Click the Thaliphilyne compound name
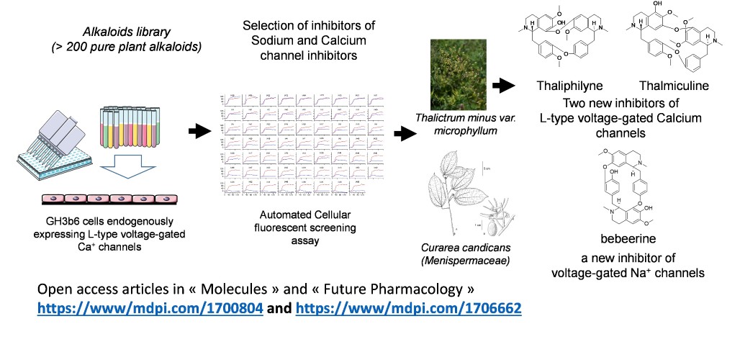(569, 86)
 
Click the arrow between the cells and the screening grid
(197, 131)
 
